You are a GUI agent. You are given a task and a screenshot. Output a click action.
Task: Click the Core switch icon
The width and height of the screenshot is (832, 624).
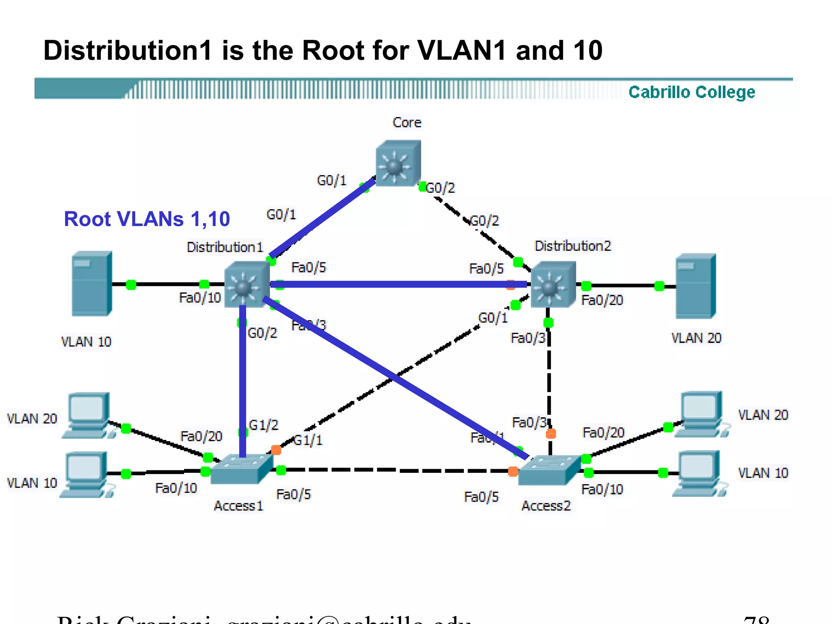pyautogui.click(x=398, y=163)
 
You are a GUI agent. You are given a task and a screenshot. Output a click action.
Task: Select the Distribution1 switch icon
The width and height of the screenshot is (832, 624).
pyautogui.click(x=246, y=284)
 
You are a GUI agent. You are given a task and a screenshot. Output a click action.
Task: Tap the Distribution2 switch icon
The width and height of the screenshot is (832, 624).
pyautogui.click(x=553, y=284)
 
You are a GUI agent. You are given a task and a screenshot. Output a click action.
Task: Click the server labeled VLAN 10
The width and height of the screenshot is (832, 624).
pyautogui.click(x=91, y=284)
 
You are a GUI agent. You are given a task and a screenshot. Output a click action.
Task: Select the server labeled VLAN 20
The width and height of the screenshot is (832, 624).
pyautogui.click(x=695, y=286)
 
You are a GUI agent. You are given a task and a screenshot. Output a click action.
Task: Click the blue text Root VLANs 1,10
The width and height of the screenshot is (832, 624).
pyautogui.click(x=147, y=219)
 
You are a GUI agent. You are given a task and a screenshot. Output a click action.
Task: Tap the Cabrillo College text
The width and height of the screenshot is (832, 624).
pyautogui.click(x=691, y=92)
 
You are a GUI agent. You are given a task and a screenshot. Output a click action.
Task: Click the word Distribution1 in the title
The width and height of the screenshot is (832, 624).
pyautogui.click(x=128, y=50)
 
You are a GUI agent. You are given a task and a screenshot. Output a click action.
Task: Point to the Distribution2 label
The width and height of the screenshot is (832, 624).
pyautogui.click(x=572, y=246)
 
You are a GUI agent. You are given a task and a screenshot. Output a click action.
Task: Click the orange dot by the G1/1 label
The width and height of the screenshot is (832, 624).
pyautogui.click(x=276, y=450)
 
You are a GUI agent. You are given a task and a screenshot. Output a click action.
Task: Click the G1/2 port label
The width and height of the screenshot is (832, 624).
pyautogui.click(x=263, y=425)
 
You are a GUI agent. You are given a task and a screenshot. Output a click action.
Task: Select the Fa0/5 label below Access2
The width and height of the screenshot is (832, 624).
pyautogui.click(x=481, y=497)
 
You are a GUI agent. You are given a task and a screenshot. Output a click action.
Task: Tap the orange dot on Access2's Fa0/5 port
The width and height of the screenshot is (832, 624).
pyautogui.click(x=513, y=471)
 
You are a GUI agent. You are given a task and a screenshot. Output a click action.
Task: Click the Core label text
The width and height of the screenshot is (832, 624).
pyautogui.click(x=407, y=122)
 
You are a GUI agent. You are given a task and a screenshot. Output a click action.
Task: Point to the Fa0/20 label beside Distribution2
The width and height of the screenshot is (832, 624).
pyautogui.click(x=602, y=300)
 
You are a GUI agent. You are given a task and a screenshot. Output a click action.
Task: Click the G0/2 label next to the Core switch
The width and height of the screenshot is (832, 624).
pyautogui.click(x=440, y=188)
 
